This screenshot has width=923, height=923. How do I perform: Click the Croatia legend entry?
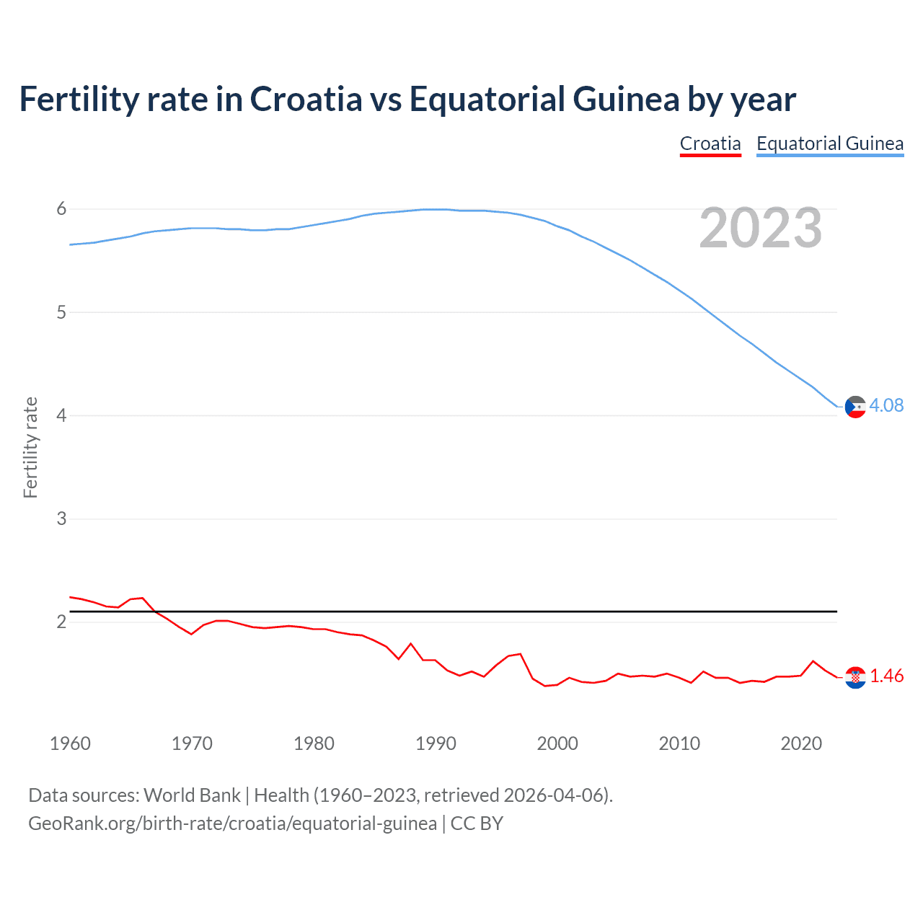pos(710,143)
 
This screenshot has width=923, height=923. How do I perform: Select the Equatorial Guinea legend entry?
pos(829,143)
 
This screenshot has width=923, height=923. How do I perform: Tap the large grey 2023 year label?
pos(760,228)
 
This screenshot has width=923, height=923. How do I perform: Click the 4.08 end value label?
pos(886,405)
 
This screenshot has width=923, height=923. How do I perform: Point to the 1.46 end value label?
pos(886,676)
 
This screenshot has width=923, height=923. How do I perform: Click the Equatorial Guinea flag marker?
pos(855,407)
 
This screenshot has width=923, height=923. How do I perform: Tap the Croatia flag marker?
pos(855,677)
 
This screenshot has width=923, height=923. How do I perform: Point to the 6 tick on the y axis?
pos(61,209)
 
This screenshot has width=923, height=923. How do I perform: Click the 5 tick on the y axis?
pos(61,312)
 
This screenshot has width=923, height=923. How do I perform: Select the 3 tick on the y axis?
pos(61,518)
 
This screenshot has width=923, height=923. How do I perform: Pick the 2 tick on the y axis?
pos(61,622)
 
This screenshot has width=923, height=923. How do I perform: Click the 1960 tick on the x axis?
pos(70,743)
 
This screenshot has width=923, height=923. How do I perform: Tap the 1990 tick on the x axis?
pos(436,743)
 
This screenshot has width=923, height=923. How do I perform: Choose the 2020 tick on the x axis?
pos(801,743)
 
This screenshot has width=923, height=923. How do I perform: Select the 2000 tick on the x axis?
pos(557,743)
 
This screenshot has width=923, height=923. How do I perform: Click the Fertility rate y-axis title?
pos(30,447)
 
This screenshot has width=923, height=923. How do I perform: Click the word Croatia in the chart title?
pos(306,100)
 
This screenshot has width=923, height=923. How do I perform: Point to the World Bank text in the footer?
pos(192,795)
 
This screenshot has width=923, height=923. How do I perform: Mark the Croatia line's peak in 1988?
pos(411,643)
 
